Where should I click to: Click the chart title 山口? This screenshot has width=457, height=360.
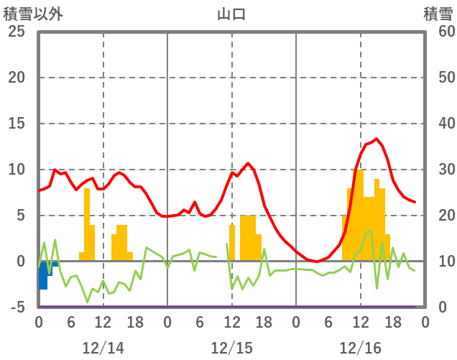tap(231, 14)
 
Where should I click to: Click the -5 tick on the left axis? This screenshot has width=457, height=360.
tap(16, 308)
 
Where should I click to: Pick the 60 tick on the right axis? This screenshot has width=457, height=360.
tap(438, 32)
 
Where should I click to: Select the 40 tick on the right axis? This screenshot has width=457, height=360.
tap(438, 124)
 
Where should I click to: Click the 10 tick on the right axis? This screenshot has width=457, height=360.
tap(438, 262)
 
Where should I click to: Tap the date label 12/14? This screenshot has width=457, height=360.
tap(103, 348)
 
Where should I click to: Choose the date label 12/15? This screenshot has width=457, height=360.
tap(231, 348)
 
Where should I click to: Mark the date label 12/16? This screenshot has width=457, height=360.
tap(360, 348)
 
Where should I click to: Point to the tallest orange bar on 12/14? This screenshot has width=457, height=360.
tap(87, 223)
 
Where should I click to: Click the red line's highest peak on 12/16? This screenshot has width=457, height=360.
tap(377, 139)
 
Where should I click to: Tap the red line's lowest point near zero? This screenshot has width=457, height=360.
tap(317, 261)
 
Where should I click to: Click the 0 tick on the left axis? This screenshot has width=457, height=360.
tap(19, 262)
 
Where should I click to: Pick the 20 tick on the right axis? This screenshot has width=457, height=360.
tap(438, 216)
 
